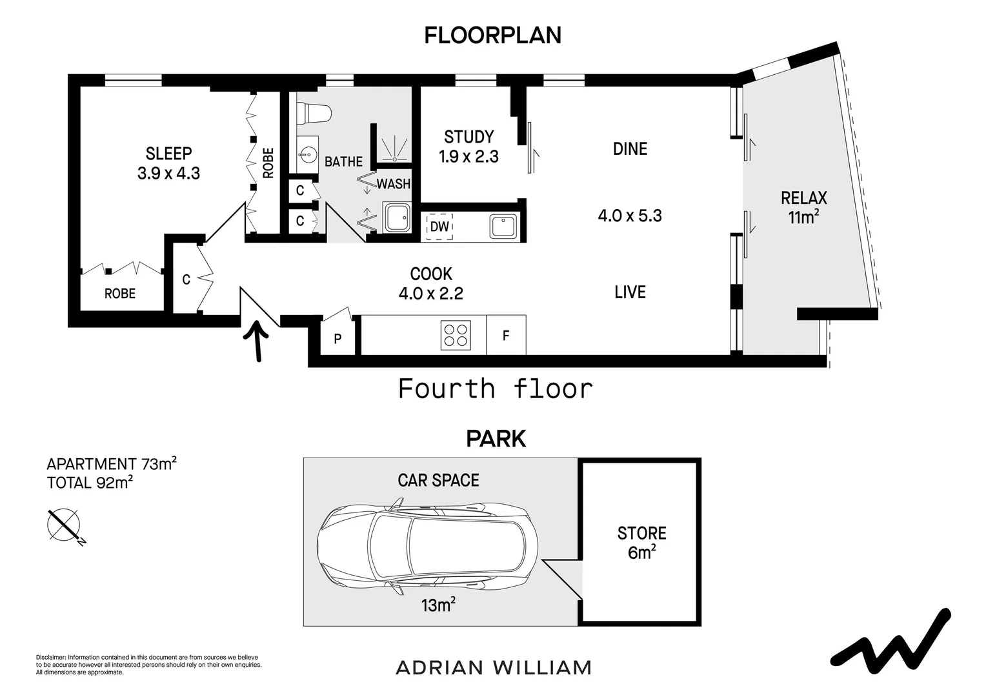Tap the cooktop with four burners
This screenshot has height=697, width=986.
(x=456, y=336)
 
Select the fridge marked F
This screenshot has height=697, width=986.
(x=506, y=336)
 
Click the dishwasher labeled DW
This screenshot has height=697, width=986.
(x=439, y=227)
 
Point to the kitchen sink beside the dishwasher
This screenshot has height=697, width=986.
(x=503, y=227)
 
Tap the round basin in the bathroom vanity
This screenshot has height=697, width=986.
(x=307, y=154)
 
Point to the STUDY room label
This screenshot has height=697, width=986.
(x=468, y=137)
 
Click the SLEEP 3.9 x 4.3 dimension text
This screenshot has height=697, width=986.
(x=168, y=173)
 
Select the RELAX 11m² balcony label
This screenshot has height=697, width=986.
(x=803, y=207)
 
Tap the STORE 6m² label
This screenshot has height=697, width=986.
(x=641, y=542)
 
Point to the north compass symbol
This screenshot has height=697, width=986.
(x=64, y=525)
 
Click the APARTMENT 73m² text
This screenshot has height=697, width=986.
(x=112, y=464)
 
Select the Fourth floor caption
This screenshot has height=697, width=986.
(x=495, y=389)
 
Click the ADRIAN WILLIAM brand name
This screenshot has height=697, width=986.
(x=493, y=667)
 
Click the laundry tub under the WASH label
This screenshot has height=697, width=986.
(x=396, y=217)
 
